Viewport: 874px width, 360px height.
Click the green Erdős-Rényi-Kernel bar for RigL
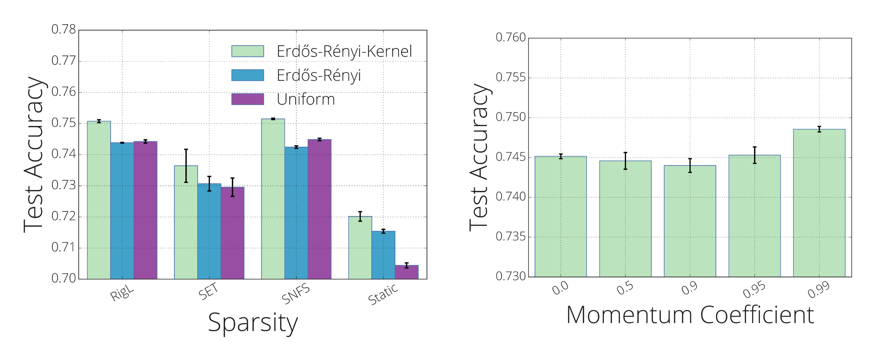[99, 200]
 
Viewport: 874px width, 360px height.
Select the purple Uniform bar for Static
[406, 272]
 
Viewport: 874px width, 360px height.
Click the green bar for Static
[360, 248]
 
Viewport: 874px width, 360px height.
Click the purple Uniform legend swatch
[248, 99]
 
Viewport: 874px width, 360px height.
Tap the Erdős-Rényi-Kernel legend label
[344, 52]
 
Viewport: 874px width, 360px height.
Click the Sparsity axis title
[253, 322]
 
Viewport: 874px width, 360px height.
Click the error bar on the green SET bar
[186, 166]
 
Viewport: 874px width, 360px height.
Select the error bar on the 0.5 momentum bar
[625, 161]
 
